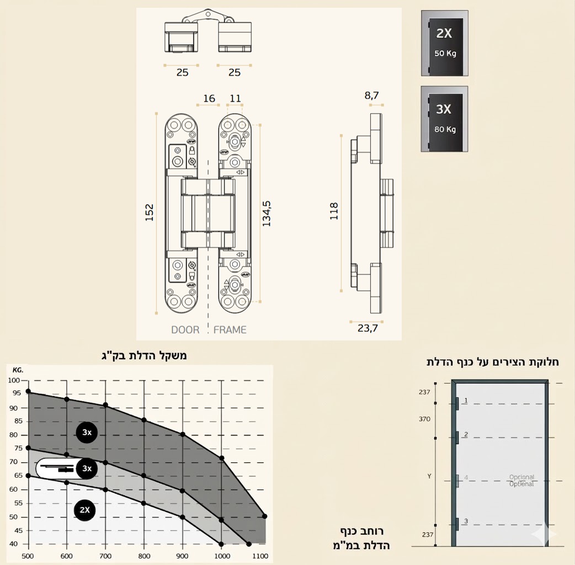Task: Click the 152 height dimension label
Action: coord(149,212)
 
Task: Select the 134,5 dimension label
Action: coord(267,214)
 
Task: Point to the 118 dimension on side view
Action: coord(334,211)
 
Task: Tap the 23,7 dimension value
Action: coord(368,328)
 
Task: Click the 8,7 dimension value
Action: coord(371,95)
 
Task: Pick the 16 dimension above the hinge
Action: coord(209,98)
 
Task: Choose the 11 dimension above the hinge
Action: coord(236,98)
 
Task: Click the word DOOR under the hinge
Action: coord(185,330)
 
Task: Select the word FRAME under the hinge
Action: coord(230,330)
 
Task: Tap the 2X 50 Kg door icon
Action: coord(444,43)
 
